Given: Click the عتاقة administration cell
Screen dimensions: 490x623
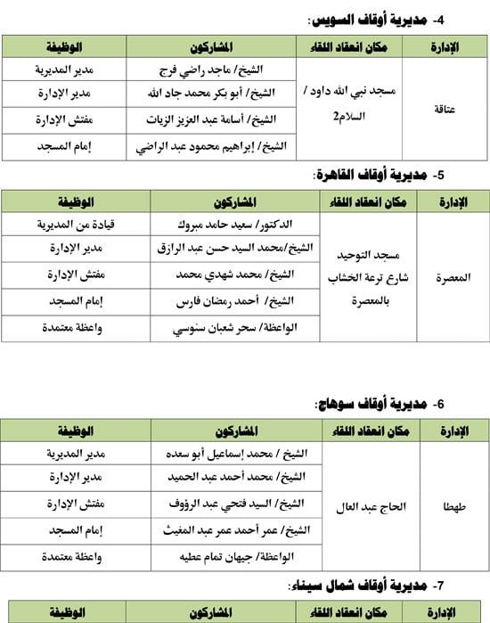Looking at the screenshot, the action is [451, 107].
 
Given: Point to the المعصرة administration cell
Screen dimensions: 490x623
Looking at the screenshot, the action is [451, 276].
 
